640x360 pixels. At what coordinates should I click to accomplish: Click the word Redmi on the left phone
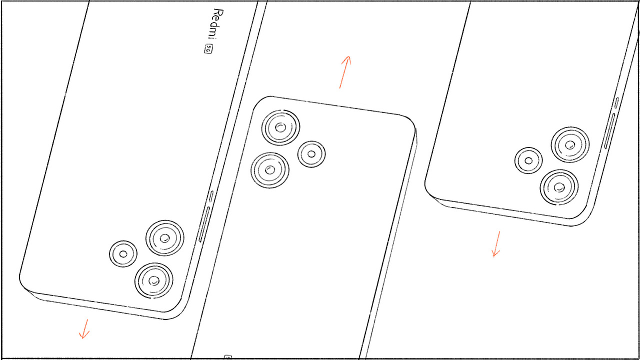click(215, 25)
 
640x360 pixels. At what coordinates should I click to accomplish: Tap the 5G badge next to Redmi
click(208, 49)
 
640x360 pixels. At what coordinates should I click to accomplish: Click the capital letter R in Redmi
click(218, 12)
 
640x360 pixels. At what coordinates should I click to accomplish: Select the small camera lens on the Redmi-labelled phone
click(123, 253)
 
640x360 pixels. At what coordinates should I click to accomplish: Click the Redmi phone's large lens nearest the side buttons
click(165, 238)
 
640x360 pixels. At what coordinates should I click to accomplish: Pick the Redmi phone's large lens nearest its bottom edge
click(154, 280)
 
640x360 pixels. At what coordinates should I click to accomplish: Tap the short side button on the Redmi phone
click(211, 196)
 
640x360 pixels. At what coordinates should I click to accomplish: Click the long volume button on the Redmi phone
click(204, 224)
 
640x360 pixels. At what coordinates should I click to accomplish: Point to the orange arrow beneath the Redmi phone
click(84, 329)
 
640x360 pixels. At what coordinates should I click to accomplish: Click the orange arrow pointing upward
click(345, 72)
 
